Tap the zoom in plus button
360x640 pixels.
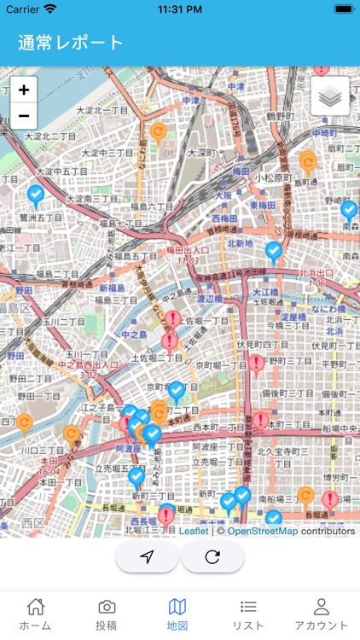pos(23,90)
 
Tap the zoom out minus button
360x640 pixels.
pos(23,115)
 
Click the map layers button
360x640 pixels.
pos(330,96)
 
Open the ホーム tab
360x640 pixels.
pos(35,614)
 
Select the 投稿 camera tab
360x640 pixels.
pos(107,614)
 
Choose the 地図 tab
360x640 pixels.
pos(177,614)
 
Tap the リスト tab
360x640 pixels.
pos(248,614)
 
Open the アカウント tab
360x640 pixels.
pos(321,614)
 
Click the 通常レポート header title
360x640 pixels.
pos(70,43)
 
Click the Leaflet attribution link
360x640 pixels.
pos(194,531)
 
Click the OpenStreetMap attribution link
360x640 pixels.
pos(262,531)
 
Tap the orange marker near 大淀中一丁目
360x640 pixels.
pos(158,132)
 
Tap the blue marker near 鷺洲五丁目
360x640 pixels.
pos(36,196)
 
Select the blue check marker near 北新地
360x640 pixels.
pos(273,251)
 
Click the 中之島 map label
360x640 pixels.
pos(135,334)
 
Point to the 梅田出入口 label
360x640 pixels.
pos(187,250)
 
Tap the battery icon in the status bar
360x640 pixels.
pos(344,9)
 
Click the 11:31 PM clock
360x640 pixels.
pos(180,9)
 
